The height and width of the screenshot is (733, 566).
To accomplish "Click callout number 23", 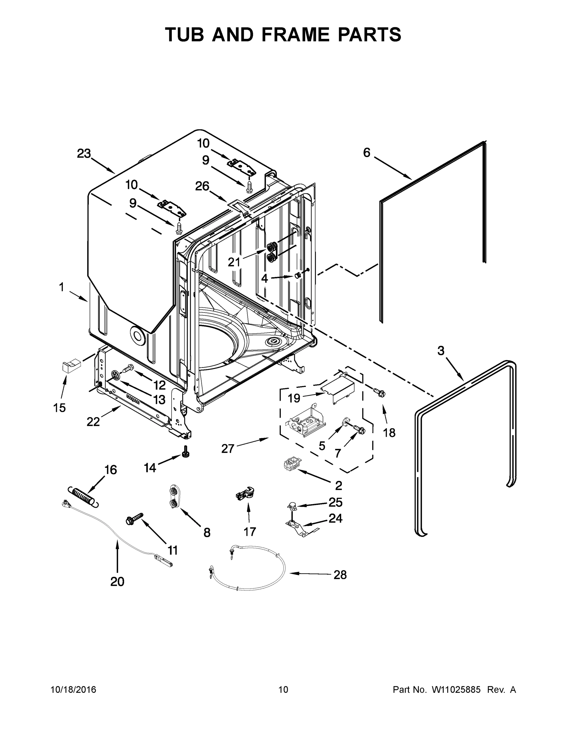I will pyautogui.click(x=84, y=153).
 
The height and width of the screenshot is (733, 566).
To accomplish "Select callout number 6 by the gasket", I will pyautogui.click(x=367, y=153).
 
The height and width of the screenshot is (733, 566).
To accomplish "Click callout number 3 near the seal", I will pyautogui.click(x=441, y=351).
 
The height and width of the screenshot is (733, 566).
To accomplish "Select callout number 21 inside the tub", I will pyautogui.click(x=234, y=262).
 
